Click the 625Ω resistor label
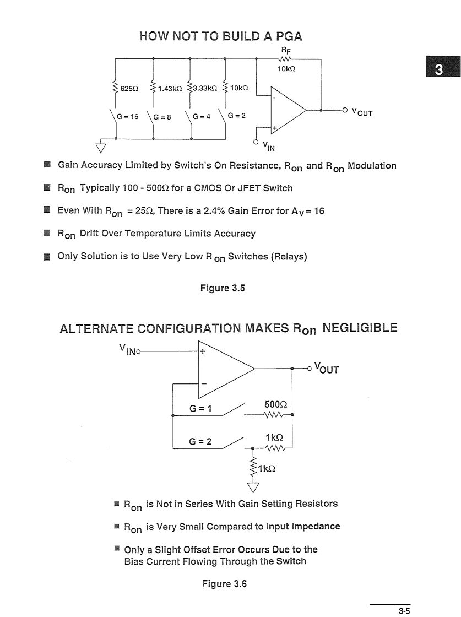[129, 89]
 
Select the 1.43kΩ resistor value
[170, 89]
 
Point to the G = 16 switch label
[127, 116]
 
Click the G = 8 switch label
[162, 117]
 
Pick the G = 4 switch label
[202, 116]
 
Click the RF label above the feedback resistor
[286, 50]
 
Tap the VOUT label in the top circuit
[362, 112]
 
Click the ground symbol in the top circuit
[101, 148]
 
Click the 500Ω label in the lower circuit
[276, 404]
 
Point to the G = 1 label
[200, 408]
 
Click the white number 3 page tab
[439, 69]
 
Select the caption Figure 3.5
[223, 288]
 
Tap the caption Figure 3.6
[224, 584]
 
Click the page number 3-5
[404, 611]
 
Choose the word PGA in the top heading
[289, 36]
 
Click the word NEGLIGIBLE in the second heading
[360, 328]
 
